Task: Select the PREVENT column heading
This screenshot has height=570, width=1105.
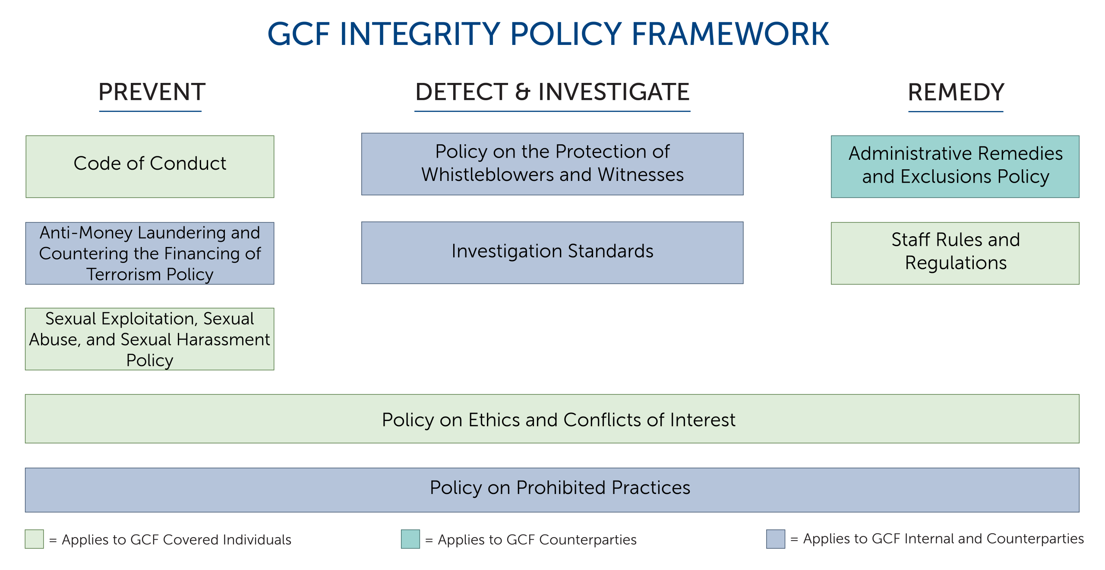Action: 152,92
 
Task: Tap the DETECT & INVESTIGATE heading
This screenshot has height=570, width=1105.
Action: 552,92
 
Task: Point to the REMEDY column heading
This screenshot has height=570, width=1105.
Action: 956,92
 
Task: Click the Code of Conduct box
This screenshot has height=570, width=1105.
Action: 150,167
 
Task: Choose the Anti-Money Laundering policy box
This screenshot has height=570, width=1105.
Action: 150,253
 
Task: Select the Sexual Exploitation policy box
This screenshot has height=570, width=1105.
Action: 149,339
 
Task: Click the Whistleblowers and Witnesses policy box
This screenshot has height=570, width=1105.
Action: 552,164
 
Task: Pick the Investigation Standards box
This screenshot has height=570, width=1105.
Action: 552,253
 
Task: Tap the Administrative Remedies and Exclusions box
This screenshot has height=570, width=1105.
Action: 955,167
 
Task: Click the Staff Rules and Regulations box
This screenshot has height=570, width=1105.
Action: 955,253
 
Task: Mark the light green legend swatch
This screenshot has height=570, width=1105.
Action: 34,539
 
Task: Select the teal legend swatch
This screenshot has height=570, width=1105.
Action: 410,539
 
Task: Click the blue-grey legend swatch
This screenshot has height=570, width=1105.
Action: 776,539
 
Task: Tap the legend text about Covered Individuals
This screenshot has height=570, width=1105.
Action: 170,540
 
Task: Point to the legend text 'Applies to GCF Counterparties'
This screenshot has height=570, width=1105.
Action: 531,540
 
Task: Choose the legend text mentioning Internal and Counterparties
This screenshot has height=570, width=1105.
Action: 937,539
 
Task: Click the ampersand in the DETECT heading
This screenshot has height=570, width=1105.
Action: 522,92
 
